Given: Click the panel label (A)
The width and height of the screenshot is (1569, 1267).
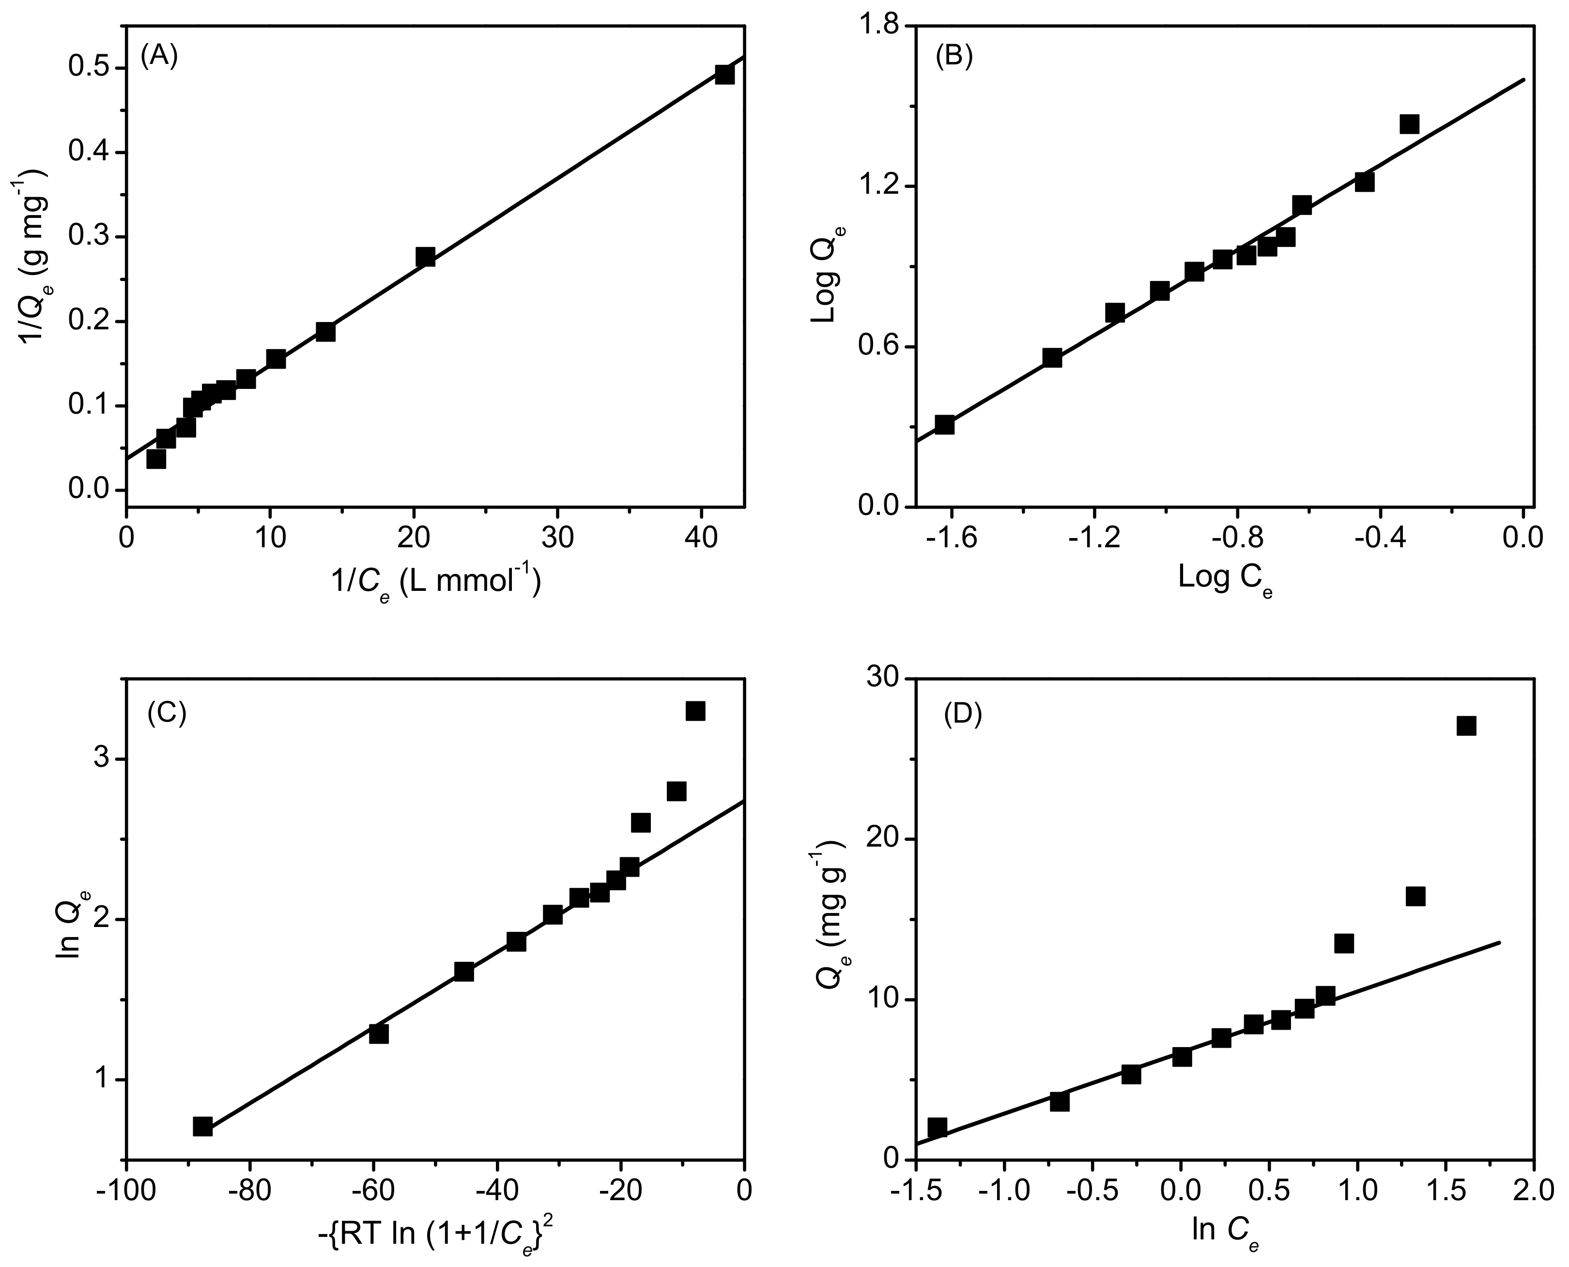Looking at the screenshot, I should (159, 56).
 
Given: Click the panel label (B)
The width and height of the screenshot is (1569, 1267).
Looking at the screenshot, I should (954, 56).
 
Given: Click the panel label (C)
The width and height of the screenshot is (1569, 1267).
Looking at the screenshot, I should (167, 713).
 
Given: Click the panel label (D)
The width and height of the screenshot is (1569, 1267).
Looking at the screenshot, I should (963, 715).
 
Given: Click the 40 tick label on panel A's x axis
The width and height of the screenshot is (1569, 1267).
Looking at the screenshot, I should (701, 538).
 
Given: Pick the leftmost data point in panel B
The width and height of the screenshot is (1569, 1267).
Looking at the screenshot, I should (944, 424).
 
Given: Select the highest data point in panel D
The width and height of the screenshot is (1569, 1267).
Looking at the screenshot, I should (1466, 726).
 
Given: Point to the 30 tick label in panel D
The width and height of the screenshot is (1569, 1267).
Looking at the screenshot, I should (881, 679).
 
